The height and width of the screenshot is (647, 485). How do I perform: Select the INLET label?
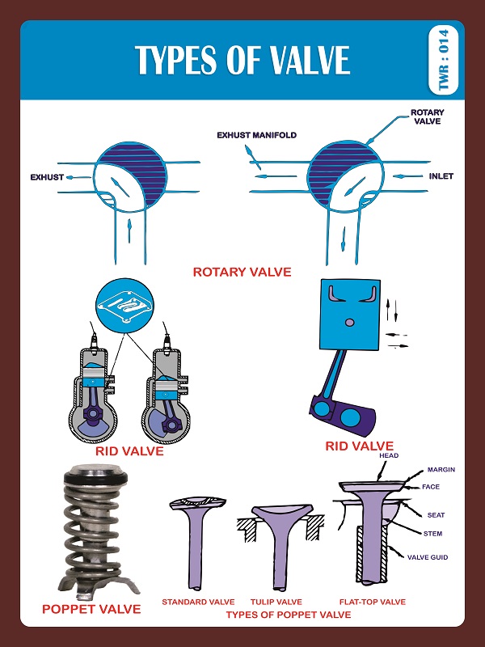tap(441, 176)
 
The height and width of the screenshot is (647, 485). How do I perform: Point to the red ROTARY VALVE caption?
tap(242, 272)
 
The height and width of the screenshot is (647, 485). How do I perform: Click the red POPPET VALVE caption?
tap(91, 608)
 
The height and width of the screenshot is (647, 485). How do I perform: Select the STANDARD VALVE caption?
tap(198, 602)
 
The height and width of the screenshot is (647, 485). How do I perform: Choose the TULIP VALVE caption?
tap(276, 602)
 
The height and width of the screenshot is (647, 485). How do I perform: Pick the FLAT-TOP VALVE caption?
tap(373, 602)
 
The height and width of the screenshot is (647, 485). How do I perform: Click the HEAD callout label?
tap(389, 455)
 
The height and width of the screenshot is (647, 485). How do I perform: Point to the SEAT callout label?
tap(436, 515)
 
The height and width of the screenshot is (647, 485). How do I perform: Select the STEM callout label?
tap(432, 534)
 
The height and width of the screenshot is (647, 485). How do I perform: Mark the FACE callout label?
tap(431, 487)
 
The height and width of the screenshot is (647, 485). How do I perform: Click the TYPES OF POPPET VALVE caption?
tap(288, 615)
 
